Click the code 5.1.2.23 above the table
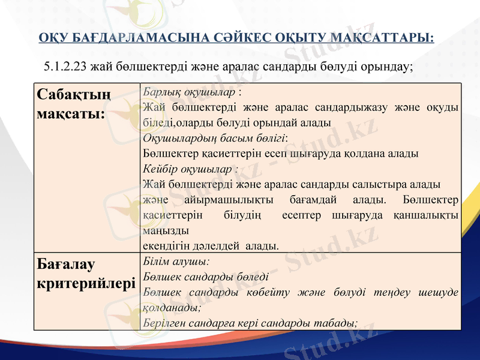(x=65, y=66)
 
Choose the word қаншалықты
(x=427, y=214)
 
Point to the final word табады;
(x=337, y=322)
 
